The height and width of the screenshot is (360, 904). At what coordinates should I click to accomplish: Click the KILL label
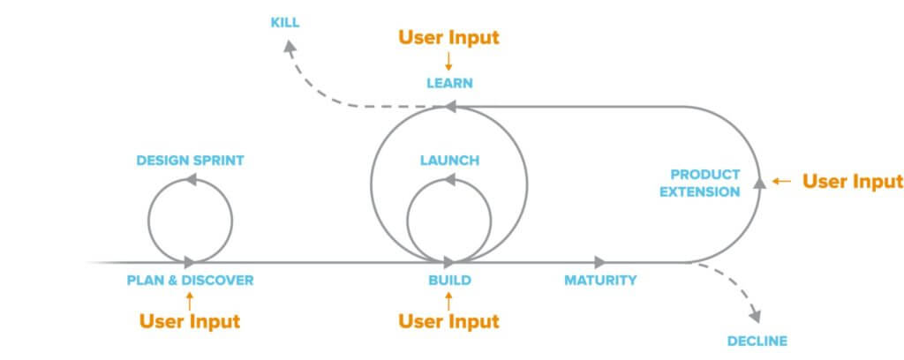[x=285, y=22]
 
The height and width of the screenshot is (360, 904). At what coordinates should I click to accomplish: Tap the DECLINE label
[x=757, y=341]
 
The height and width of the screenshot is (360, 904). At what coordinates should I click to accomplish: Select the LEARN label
[x=449, y=84]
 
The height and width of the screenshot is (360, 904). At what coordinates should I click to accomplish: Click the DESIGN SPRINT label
[x=190, y=161]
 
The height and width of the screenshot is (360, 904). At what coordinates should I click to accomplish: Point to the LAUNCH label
[x=449, y=161]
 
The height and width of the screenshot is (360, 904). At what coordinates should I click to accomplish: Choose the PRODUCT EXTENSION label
[x=704, y=183]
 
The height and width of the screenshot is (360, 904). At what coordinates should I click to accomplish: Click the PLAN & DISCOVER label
[x=190, y=281]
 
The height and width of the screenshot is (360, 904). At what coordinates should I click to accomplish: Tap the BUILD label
[x=449, y=281]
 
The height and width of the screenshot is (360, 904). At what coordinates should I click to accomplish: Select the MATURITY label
[x=600, y=281]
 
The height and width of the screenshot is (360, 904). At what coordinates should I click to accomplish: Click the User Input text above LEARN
[x=449, y=38]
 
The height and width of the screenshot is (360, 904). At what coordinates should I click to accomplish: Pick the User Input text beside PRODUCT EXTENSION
[x=852, y=182]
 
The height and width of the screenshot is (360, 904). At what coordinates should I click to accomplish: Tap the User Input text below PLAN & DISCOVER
[x=190, y=321]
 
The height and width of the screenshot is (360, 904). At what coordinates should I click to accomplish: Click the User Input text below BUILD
[x=449, y=321]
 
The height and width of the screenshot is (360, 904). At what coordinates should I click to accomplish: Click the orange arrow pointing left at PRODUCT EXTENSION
[x=781, y=182]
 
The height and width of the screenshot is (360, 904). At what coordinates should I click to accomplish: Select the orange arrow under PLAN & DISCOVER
[x=190, y=300]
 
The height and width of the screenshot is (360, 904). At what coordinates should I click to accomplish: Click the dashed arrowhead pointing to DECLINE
[x=755, y=315]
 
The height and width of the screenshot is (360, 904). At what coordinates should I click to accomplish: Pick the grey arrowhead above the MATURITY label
[x=600, y=262]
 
